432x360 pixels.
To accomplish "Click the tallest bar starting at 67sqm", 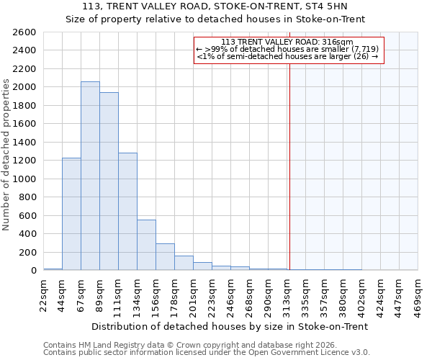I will [90, 176].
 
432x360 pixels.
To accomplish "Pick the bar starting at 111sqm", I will [127, 212].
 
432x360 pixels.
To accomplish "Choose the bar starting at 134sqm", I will [146, 245].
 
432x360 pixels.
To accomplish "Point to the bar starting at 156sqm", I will [165, 257].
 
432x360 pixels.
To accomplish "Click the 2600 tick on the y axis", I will [24, 32].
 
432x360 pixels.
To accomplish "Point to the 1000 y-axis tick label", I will [24, 179].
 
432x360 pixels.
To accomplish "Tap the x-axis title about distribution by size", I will [230, 326].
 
